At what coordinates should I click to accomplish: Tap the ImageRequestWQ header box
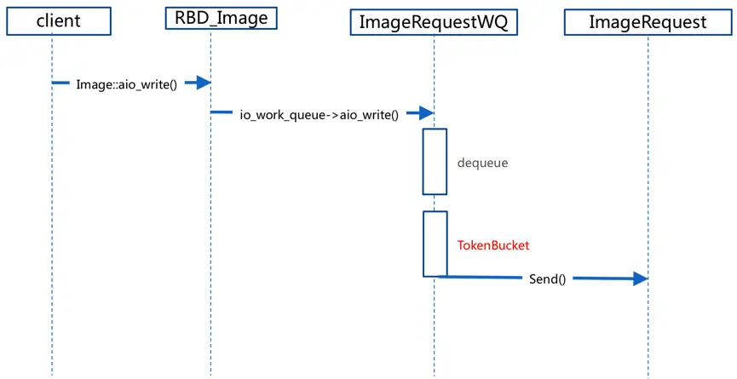tap(433, 22)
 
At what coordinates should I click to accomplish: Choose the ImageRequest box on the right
tap(648, 22)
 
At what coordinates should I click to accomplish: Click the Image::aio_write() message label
tap(126, 84)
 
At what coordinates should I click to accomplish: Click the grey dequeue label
tap(482, 162)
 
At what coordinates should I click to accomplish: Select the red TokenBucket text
tap(493, 245)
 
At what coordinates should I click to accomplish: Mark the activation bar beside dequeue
tap(435, 161)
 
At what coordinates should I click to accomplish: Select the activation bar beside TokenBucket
tap(435, 244)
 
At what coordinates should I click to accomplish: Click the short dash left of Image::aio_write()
tap(60, 83)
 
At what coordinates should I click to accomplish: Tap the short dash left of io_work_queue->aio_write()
tap(222, 112)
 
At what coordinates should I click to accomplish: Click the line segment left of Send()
tap(481, 277)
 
